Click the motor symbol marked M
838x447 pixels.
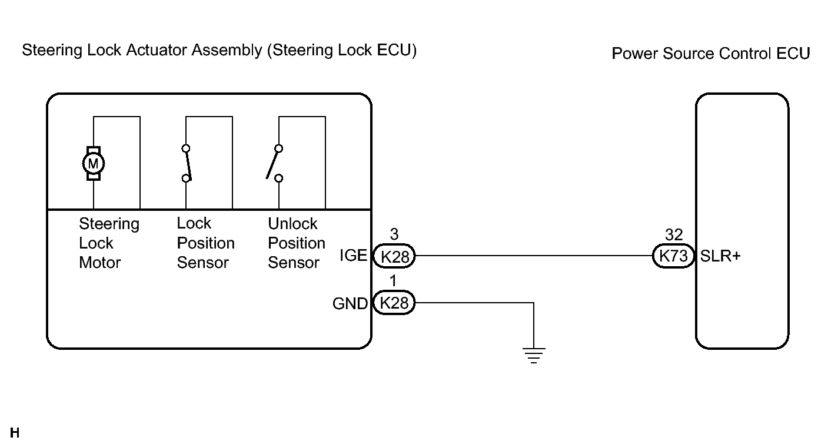93,164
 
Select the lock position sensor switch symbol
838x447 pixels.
187,164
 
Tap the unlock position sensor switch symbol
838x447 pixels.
275,164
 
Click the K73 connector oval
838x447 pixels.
673,256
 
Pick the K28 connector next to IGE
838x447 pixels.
394,256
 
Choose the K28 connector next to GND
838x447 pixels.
394,303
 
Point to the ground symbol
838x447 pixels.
534,356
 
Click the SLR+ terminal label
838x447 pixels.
720,256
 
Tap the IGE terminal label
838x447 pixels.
353,256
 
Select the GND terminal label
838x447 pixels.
350,303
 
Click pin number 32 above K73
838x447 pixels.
674,235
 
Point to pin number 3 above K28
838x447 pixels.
394,234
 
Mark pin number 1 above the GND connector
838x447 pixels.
393,281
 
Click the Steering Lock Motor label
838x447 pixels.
109,243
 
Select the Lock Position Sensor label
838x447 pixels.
205,243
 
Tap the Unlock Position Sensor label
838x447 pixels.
296,243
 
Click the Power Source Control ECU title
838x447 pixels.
711,53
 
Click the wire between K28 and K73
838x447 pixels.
534,256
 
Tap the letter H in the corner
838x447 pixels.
15,433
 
